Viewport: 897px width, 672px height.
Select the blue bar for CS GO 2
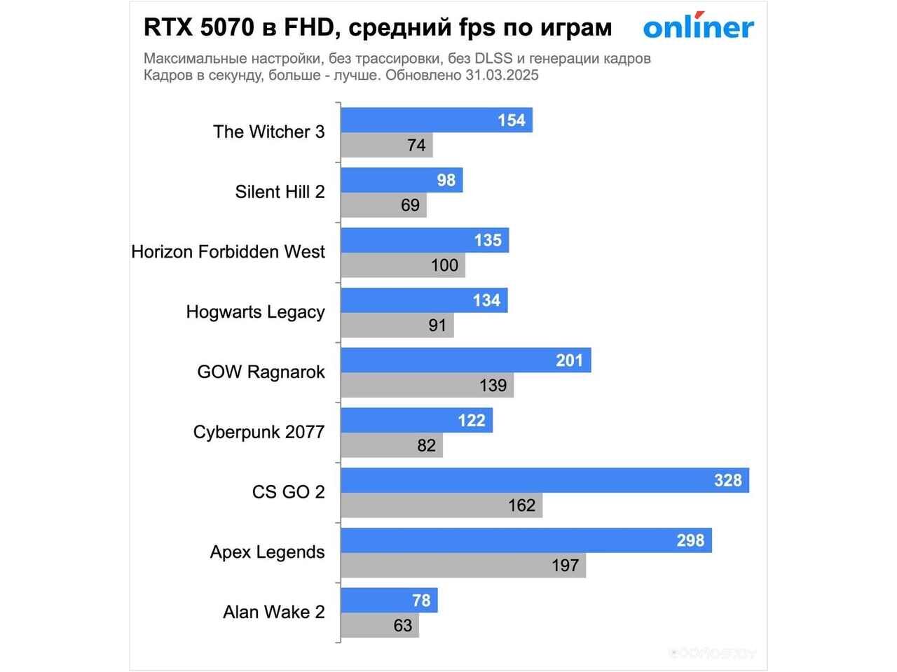545,480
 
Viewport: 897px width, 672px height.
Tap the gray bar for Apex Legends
463,565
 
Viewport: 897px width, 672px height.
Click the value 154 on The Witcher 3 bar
511,120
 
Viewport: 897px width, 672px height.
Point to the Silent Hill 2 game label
280,192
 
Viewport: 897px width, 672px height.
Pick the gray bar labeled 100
402,265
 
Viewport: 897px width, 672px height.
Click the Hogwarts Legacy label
255,312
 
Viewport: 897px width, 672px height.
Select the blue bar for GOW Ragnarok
465,360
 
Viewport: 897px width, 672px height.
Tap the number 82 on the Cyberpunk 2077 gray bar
426,445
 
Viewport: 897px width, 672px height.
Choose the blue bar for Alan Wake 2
389,601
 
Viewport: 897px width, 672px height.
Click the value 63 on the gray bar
403,626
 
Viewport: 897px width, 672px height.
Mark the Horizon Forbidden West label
228,252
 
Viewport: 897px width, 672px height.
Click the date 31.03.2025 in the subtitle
502,76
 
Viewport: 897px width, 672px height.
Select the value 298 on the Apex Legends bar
690,540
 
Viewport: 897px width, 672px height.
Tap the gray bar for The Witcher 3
386,146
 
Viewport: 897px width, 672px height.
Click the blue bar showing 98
401,181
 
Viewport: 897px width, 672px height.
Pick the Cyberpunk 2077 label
259,432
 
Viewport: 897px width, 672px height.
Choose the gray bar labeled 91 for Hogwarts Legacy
397,325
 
